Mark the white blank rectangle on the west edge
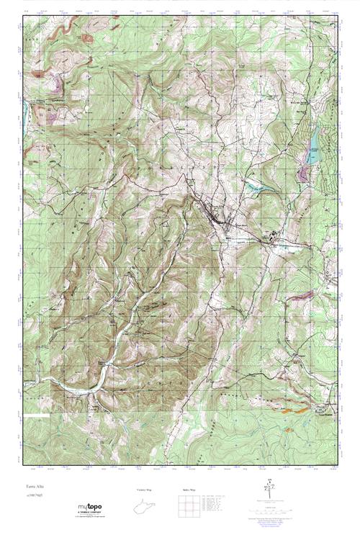[35, 415]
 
